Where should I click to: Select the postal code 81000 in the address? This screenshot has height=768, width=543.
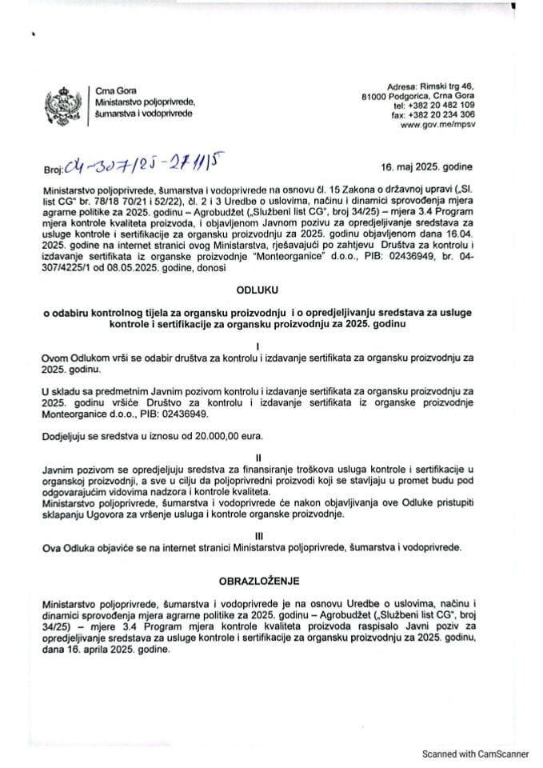pyautogui.click(x=375, y=95)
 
